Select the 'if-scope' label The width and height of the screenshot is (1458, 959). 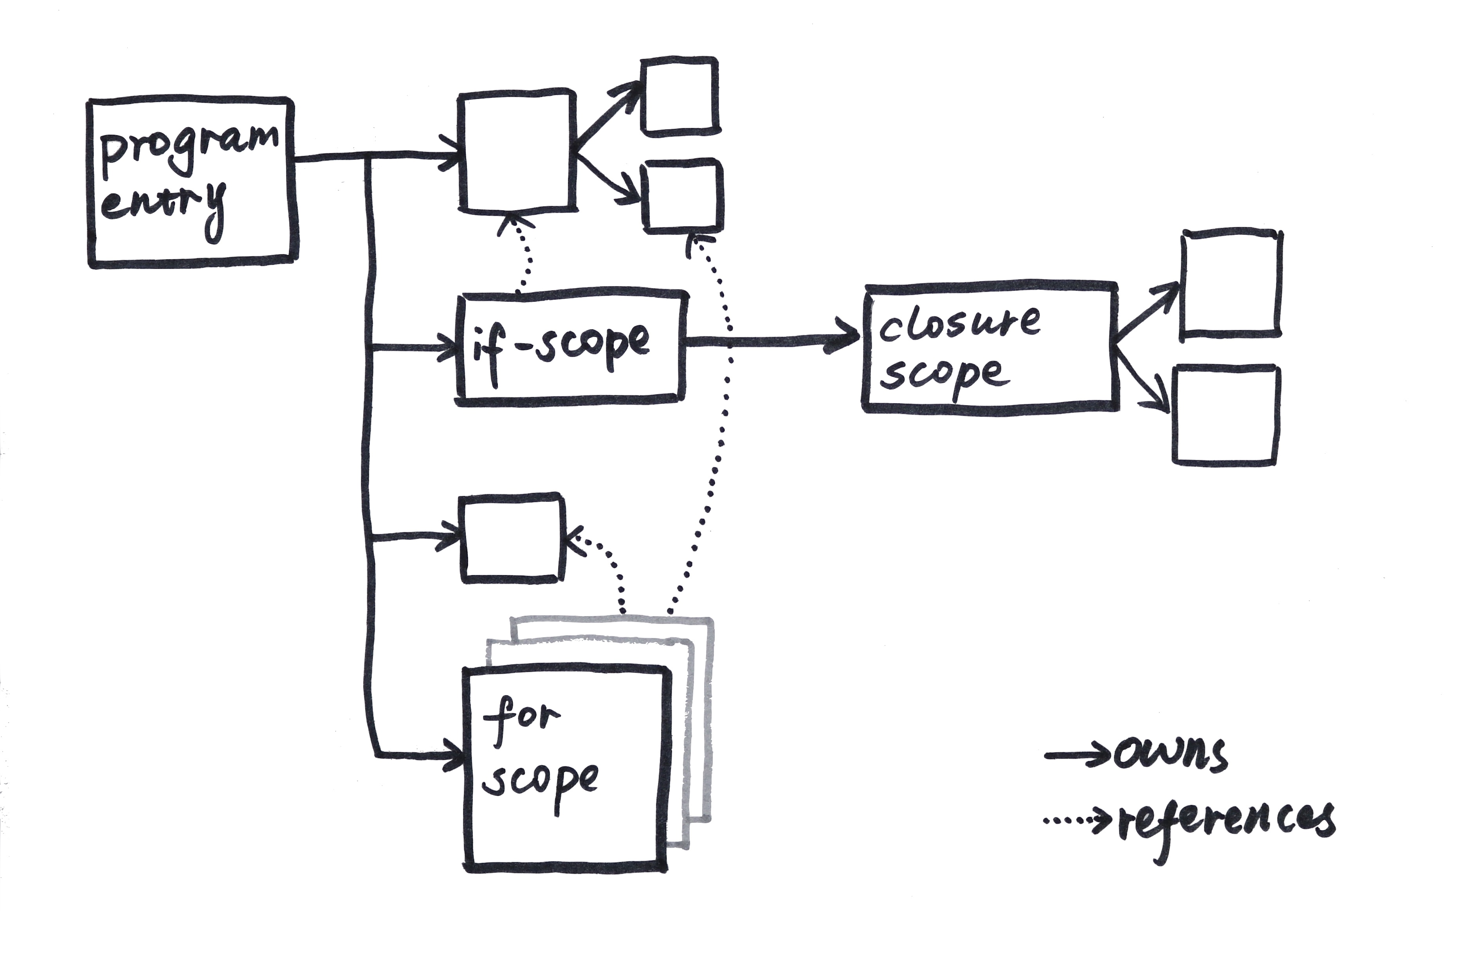560,346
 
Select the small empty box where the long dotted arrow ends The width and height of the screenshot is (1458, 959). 682,196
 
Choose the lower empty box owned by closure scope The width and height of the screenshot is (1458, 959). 1225,415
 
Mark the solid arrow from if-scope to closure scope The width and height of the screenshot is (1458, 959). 772,341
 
